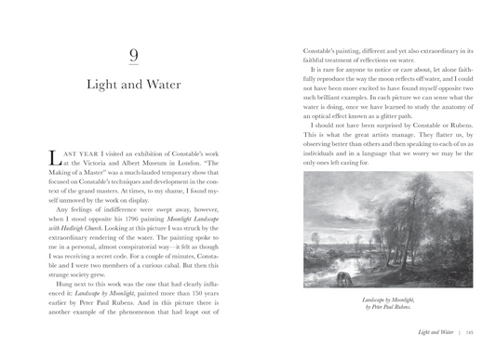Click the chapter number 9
click(134, 56)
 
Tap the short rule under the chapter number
click(134, 68)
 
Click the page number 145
click(472, 329)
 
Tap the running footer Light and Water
click(434, 329)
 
